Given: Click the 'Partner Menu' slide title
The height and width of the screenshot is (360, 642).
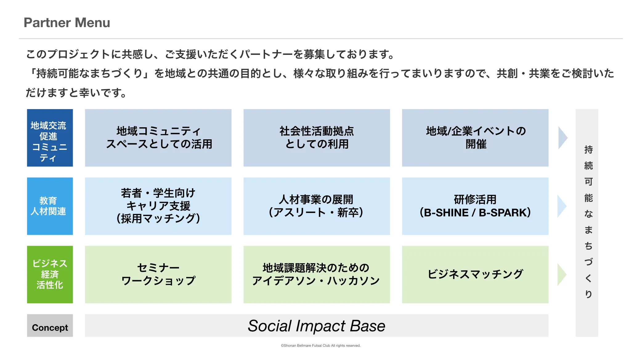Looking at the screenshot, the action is click(67, 22).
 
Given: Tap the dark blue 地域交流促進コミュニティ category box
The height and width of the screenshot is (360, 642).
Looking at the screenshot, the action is click(50, 138).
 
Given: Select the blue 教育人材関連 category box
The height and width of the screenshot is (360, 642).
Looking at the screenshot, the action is click(50, 206).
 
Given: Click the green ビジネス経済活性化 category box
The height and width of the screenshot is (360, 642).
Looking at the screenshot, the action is click(50, 274).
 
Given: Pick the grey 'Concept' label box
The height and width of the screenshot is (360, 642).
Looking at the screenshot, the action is click(50, 325).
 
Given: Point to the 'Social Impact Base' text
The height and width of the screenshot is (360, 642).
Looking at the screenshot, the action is click(316, 326).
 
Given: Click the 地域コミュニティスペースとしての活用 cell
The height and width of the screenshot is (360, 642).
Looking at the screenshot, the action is click(158, 138).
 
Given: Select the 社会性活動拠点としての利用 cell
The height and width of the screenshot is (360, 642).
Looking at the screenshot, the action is click(317, 138).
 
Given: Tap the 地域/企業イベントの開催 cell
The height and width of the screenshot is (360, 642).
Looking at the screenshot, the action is click(475, 138).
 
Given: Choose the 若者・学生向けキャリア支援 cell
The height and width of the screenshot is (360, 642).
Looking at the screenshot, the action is click(158, 206).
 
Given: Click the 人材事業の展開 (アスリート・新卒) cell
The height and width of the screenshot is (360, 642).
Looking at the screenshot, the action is click(317, 206).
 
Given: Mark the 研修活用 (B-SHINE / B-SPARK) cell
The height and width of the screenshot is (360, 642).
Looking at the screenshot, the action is click(475, 206).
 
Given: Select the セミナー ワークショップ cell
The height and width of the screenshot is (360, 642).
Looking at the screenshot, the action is click(158, 274).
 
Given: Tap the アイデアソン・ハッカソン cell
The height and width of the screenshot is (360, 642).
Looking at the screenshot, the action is click(317, 274).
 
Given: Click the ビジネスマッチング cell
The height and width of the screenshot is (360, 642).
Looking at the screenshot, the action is click(475, 274).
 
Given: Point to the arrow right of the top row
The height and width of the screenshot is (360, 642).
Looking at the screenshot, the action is click(562, 138).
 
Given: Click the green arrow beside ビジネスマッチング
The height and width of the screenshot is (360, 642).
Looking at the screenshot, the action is click(562, 274).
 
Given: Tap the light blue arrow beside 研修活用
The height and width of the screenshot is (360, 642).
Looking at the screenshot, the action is click(562, 206).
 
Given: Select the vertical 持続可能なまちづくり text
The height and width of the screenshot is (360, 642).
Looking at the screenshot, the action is click(588, 222).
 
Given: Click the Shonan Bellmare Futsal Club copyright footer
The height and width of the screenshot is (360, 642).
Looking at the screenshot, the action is click(321, 346).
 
